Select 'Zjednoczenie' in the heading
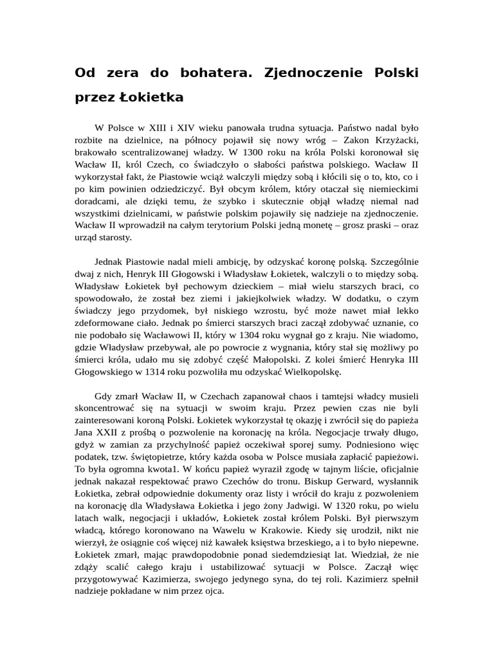[x=315, y=73]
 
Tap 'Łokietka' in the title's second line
[x=151, y=98]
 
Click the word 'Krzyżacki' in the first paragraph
[x=396, y=141]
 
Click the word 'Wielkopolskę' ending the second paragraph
[x=309, y=371]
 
